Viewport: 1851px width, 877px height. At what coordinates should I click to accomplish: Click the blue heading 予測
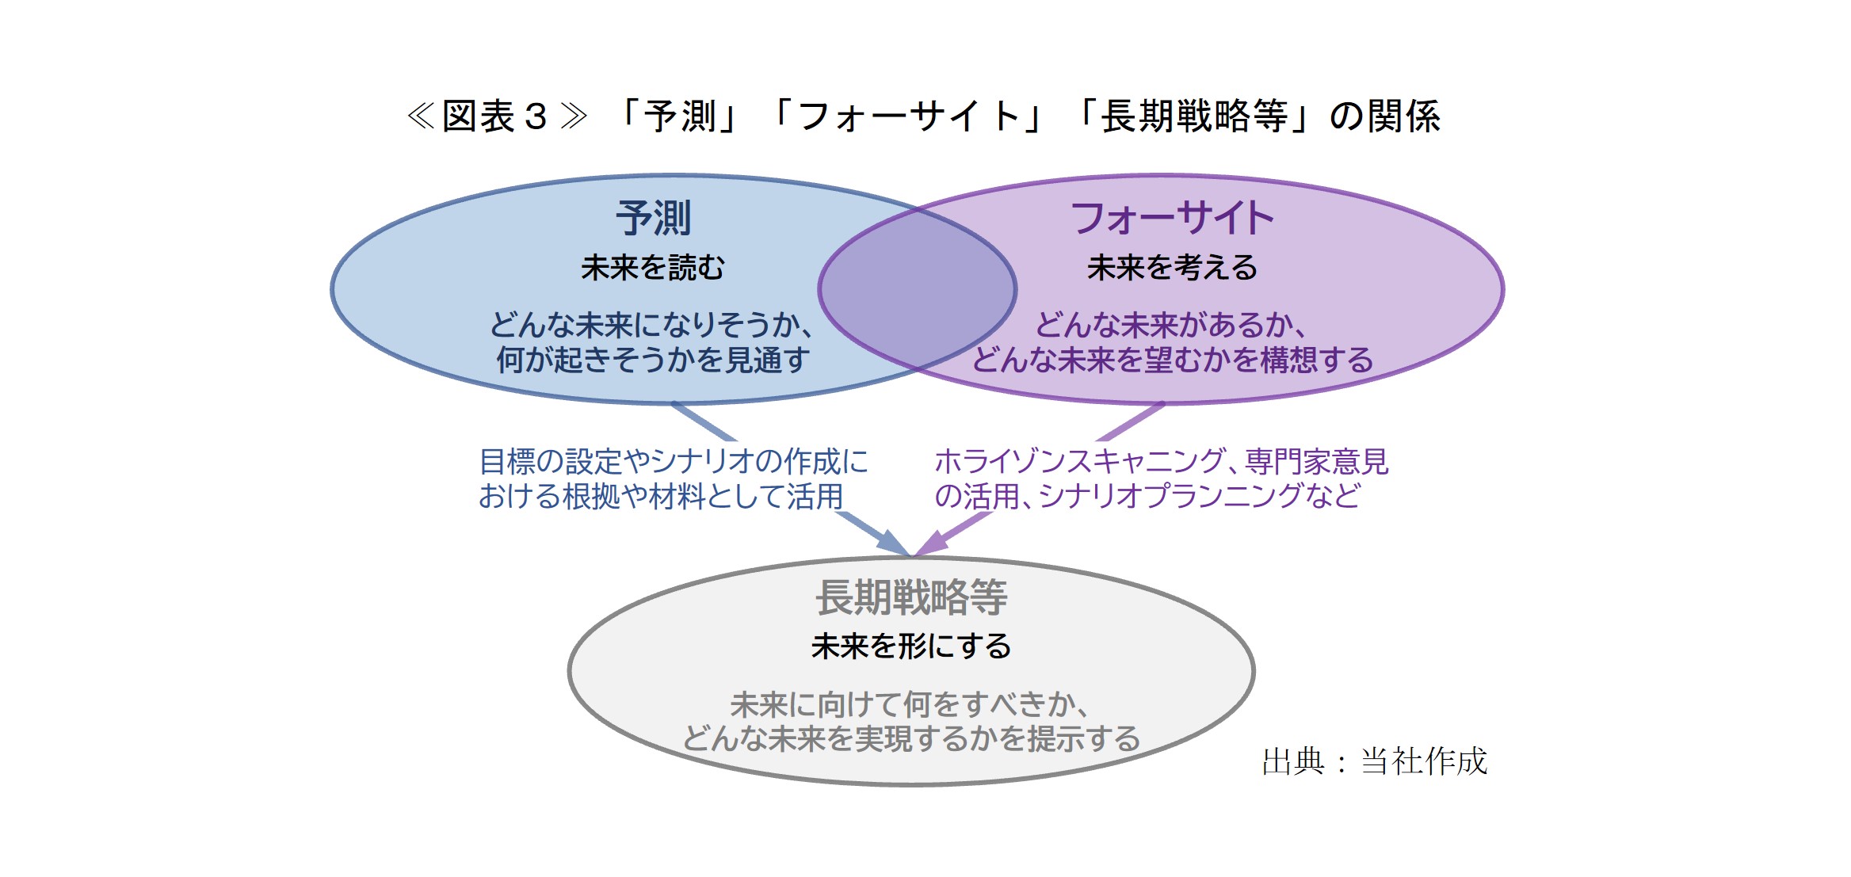(x=654, y=219)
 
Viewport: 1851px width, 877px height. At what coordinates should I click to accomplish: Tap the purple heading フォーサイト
(x=1172, y=219)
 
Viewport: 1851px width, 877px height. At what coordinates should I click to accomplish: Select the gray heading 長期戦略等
(x=911, y=597)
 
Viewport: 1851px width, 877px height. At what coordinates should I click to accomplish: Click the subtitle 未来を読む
(x=653, y=268)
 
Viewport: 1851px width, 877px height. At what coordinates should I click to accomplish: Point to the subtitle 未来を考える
(x=1172, y=268)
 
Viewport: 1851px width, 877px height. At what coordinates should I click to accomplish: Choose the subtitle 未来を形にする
(x=911, y=646)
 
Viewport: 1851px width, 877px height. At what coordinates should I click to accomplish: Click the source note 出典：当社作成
(x=1374, y=761)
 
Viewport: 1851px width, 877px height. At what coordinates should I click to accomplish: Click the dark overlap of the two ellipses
(x=917, y=289)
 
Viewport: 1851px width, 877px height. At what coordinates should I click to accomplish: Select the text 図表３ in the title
(x=494, y=116)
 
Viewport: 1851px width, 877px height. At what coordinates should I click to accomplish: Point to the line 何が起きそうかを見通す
(x=653, y=360)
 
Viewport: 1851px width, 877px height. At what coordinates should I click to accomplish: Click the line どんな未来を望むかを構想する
(x=1172, y=360)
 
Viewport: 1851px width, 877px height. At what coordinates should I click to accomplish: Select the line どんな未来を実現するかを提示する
(x=911, y=738)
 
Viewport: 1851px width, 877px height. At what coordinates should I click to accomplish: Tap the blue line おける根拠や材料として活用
(x=661, y=497)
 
